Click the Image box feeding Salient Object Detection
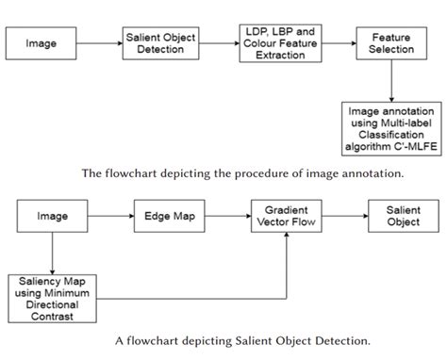click(41, 43)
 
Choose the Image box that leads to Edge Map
click(52, 216)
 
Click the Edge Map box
click(170, 216)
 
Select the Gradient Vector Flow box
click(285, 216)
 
